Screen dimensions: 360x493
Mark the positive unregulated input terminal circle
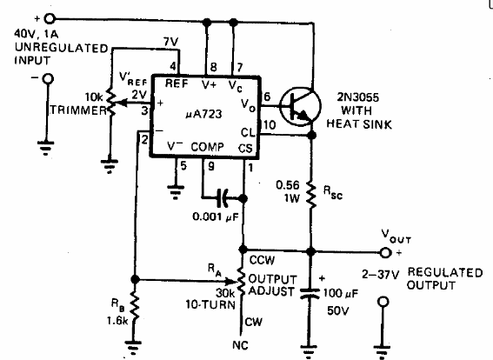[50, 17]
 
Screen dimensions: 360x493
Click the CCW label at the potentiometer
[262, 258]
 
